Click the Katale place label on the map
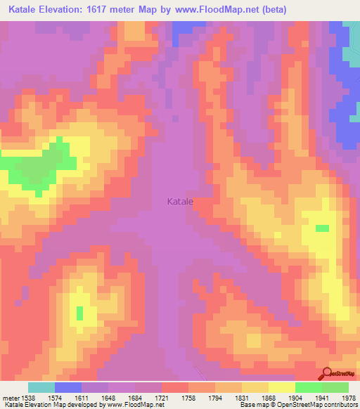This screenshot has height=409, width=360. click(180, 202)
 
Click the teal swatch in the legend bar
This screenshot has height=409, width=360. click(41, 387)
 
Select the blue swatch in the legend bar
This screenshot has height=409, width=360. click(68, 387)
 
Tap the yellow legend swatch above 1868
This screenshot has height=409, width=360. click(281, 387)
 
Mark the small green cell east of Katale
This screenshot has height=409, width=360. click(322, 228)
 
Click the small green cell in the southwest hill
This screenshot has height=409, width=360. click(79, 312)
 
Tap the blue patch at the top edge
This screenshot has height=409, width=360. click(188, 29)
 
